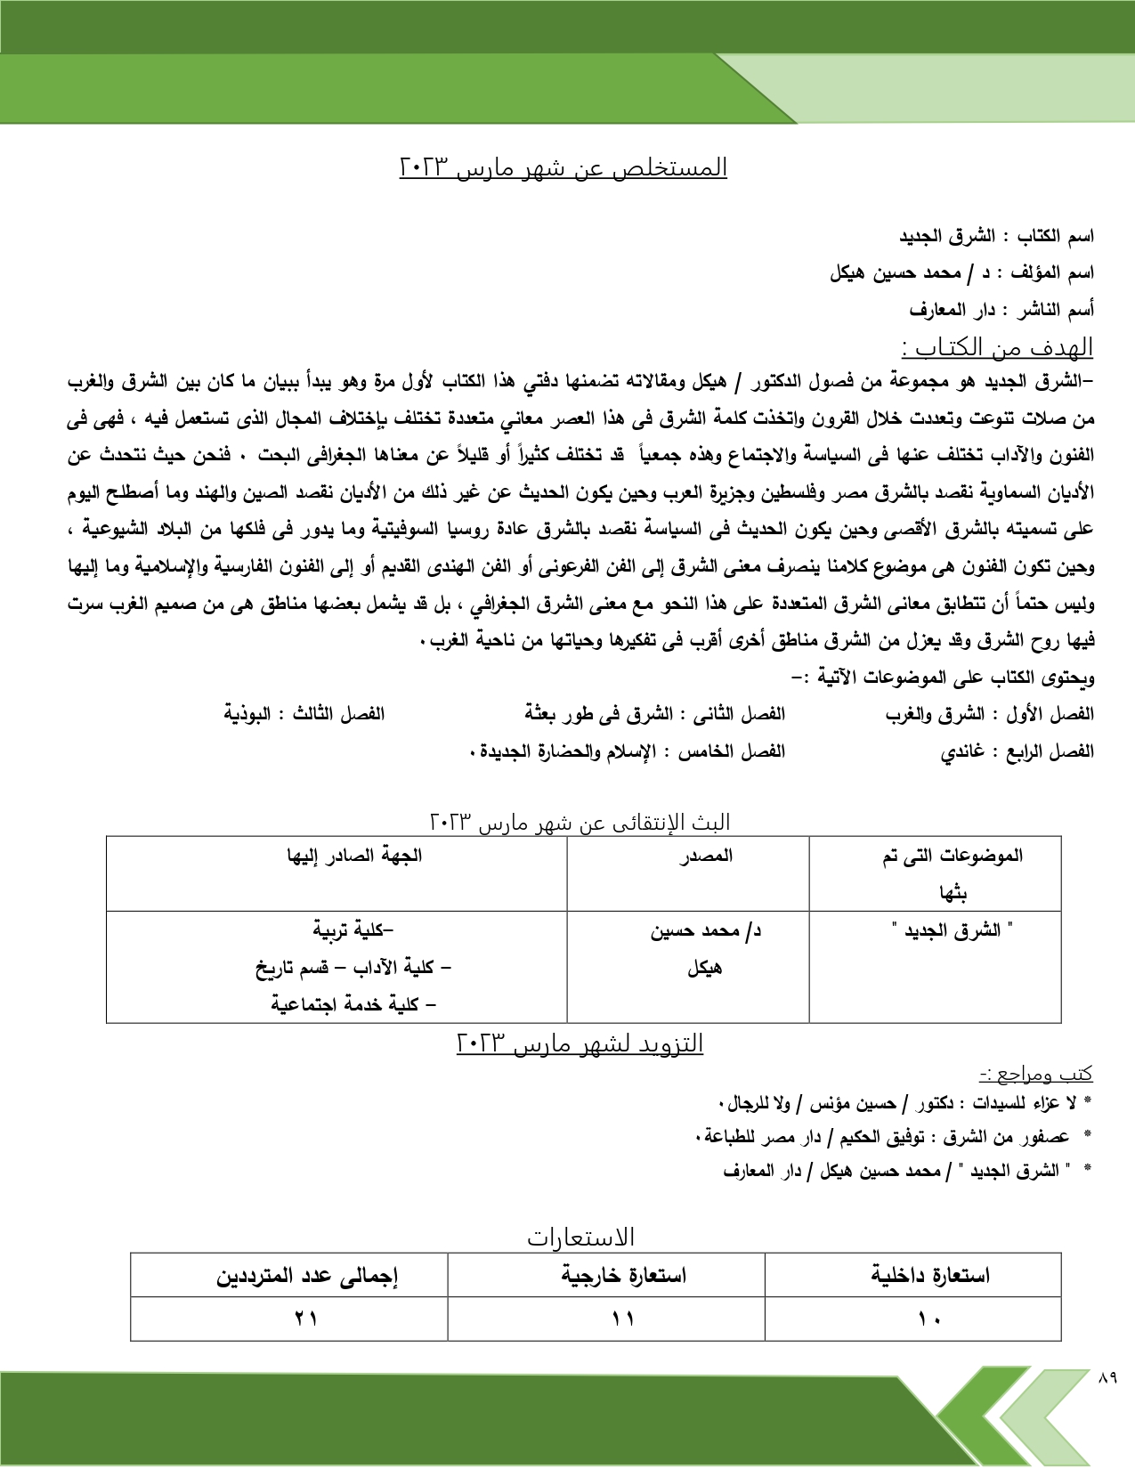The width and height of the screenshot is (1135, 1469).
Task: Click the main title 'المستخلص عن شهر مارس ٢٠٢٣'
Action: click(x=563, y=167)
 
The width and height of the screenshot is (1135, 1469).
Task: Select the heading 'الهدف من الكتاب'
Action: click(x=996, y=346)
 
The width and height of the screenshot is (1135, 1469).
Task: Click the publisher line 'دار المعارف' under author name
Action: click(x=1001, y=310)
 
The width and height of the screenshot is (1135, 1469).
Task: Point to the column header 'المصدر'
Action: click(x=705, y=856)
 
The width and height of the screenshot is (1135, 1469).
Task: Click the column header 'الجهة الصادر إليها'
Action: click(x=354, y=856)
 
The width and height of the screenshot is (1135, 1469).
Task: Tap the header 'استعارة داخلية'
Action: click(x=930, y=1276)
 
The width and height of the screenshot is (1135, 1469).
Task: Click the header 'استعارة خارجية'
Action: click(x=623, y=1276)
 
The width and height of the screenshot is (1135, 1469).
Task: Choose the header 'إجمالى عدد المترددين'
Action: click(x=306, y=1276)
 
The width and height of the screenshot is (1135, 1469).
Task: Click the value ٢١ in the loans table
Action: click(x=306, y=1319)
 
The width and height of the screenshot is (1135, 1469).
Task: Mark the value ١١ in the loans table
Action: click(x=622, y=1319)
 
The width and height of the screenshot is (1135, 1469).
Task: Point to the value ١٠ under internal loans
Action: click(x=929, y=1319)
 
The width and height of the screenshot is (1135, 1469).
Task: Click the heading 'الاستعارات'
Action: click(x=581, y=1238)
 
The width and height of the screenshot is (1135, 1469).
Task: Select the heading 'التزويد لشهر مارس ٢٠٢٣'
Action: click(x=580, y=1043)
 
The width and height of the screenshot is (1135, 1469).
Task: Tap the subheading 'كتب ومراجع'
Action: click(x=1036, y=1075)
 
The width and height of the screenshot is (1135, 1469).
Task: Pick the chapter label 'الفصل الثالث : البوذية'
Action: click(x=304, y=714)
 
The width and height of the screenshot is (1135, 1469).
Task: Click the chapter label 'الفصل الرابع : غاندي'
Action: click(x=1017, y=751)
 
